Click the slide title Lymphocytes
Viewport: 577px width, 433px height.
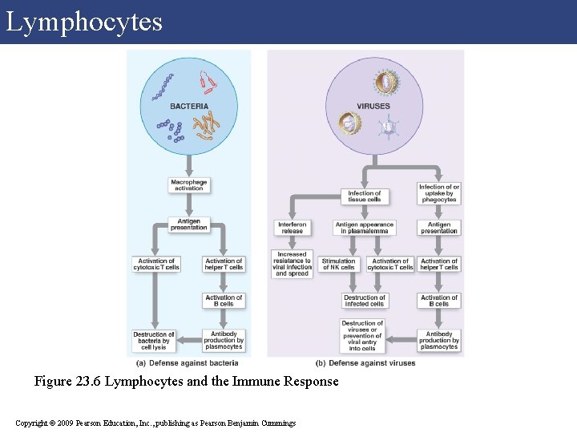[84, 22]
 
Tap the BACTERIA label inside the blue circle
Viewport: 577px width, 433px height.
[189, 106]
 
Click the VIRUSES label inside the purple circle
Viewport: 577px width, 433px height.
[373, 106]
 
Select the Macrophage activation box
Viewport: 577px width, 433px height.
[189, 185]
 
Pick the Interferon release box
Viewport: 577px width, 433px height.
[292, 228]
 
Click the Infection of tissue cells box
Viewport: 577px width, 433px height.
[365, 196]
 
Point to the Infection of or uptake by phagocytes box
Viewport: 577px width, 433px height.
[439, 193]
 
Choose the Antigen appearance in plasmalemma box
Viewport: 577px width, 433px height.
[365, 228]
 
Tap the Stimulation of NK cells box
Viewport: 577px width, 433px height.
[338, 264]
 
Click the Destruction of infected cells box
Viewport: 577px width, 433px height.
[365, 301]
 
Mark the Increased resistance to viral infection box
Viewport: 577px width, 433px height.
[292, 265]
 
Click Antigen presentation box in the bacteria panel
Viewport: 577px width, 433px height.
[189, 225]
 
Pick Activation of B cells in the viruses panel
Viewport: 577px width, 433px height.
[439, 301]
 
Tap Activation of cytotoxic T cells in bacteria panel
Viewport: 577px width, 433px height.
[155, 264]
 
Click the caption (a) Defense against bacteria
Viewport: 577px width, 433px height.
[189, 363]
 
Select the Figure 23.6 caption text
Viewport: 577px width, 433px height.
[186, 382]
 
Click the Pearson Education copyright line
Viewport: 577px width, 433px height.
[155, 423]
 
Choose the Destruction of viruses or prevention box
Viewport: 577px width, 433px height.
[362, 336]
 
